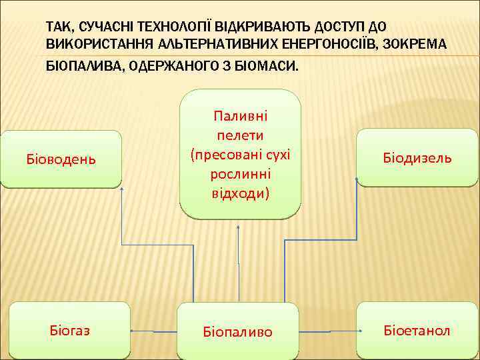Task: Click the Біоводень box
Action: tap(61, 159)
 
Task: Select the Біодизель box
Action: tap(417, 157)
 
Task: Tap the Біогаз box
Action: tap(70, 330)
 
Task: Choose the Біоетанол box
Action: tap(417, 330)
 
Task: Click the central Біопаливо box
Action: tap(238, 331)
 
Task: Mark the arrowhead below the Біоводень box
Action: tap(121, 191)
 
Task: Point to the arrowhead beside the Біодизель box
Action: tap(357, 179)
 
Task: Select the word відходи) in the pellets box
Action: tap(240, 193)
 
